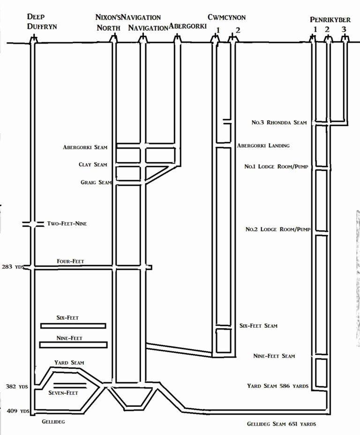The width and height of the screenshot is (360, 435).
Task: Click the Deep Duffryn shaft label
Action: click(x=42, y=22)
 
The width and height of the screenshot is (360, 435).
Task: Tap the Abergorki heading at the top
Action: click(x=187, y=27)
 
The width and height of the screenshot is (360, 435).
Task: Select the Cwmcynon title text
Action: click(x=227, y=18)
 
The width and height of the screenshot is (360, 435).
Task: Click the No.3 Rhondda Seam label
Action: click(x=279, y=123)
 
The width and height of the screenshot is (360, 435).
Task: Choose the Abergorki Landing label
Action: click(x=263, y=145)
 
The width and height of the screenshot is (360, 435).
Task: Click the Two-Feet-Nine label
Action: click(x=67, y=224)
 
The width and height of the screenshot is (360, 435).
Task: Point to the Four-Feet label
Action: click(x=70, y=261)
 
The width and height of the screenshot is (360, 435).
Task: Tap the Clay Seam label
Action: click(x=93, y=165)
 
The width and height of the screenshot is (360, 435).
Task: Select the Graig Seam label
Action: click(x=96, y=182)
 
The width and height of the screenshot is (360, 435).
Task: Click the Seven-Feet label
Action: click(x=63, y=393)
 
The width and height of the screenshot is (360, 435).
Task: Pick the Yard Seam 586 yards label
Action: click(x=277, y=386)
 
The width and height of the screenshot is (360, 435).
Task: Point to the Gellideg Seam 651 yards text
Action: click(x=281, y=424)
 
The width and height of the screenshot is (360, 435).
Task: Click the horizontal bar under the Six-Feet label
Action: click(x=73, y=326)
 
